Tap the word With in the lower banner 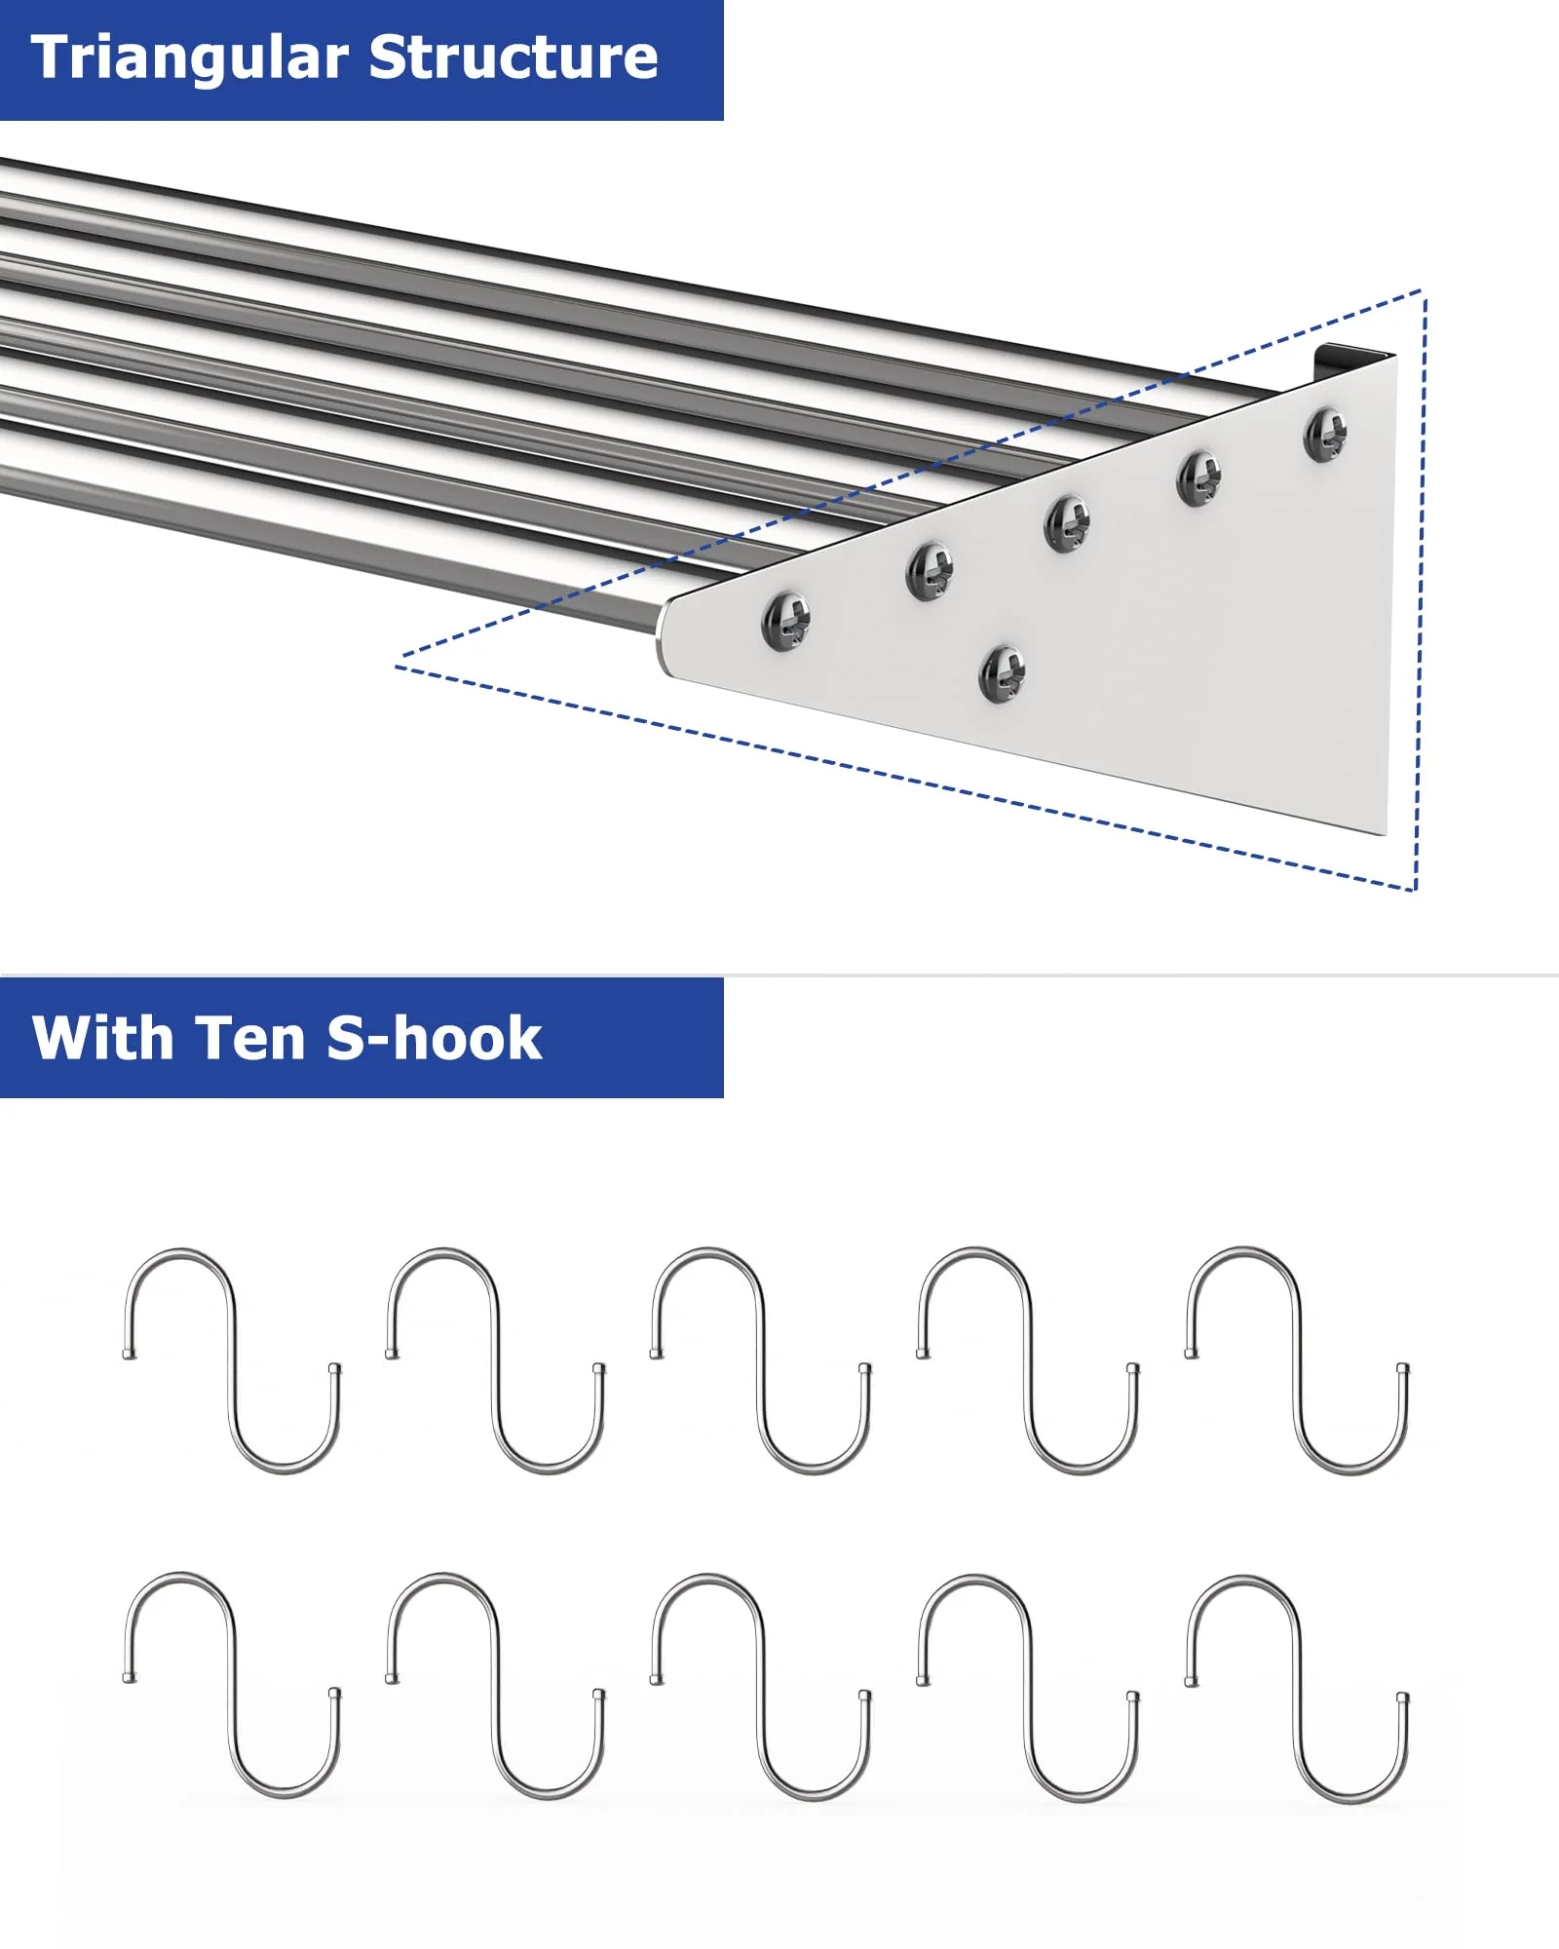tap(102, 1038)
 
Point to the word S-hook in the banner tap(434, 1038)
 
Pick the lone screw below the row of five tap(1003, 673)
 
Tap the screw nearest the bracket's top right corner tap(1326, 434)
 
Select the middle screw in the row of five tap(1067, 523)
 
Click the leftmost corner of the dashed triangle tap(398, 667)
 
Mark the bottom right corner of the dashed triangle tap(1416, 889)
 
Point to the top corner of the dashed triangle tap(1424, 290)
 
